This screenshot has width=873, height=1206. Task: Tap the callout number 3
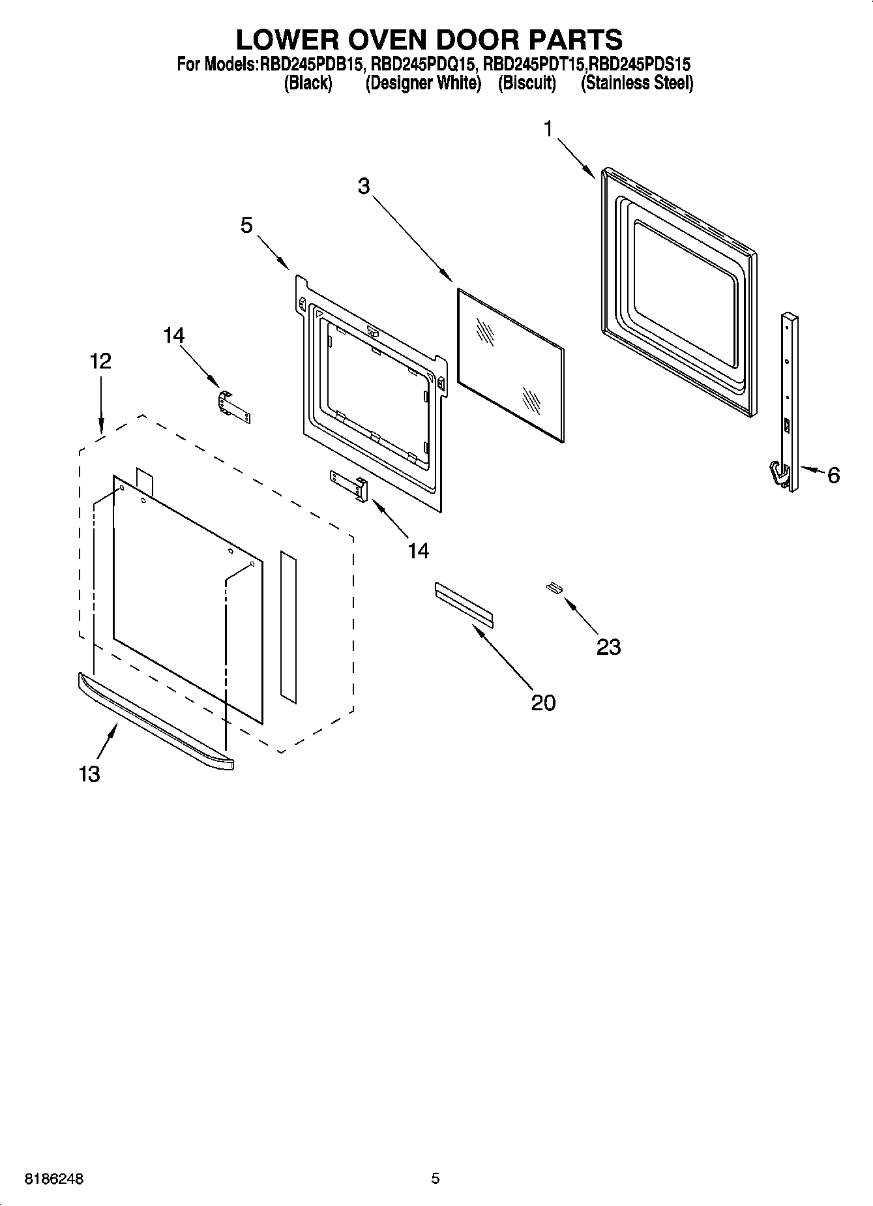[x=364, y=186]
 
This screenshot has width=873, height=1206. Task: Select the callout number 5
[x=246, y=226]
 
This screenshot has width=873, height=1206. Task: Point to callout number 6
[x=833, y=475]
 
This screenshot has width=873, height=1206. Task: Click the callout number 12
[x=100, y=361]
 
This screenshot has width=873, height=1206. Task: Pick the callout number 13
[x=89, y=774]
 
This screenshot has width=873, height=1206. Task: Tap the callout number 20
[x=543, y=702]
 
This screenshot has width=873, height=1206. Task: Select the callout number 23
[x=608, y=647]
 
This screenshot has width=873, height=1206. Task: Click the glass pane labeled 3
[x=510, y=365]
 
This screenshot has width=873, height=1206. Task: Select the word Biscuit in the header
[x=527, y=83]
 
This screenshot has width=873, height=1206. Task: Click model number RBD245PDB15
[x=311, y=65]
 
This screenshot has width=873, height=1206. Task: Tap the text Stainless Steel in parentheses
[x=637, y=83]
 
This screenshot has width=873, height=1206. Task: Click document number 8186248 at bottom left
[x=55, y=1179]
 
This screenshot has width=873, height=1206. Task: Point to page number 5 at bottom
[x=436, y=1178]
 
